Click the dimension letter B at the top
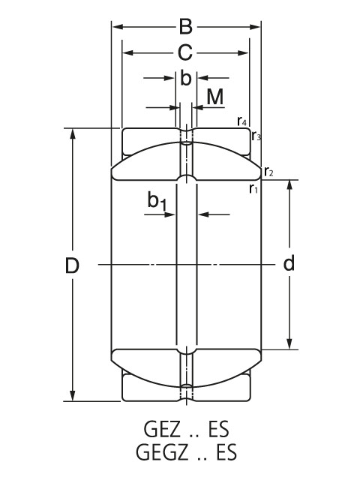pos(186,27)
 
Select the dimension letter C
pos(185,52)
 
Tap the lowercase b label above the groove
pos(185,78)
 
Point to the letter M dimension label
pos(215,97)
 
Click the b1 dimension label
pos(157,201)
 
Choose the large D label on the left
pos(72,265)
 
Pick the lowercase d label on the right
pos(289,263)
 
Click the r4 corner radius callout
pos(241,121)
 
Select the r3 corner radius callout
pos(256,135)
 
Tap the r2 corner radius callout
pos(268,172)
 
